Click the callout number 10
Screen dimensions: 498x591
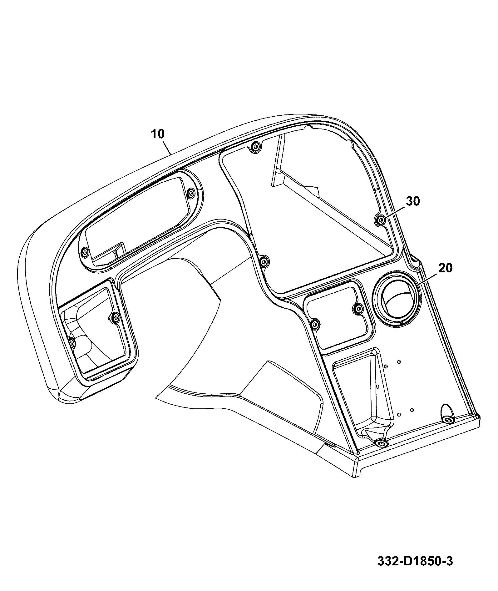tap(158, 134)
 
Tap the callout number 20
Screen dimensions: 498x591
tap(446, 268)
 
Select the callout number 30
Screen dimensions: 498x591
tap(413, 201)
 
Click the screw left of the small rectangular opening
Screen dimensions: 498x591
tap(315, 324)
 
